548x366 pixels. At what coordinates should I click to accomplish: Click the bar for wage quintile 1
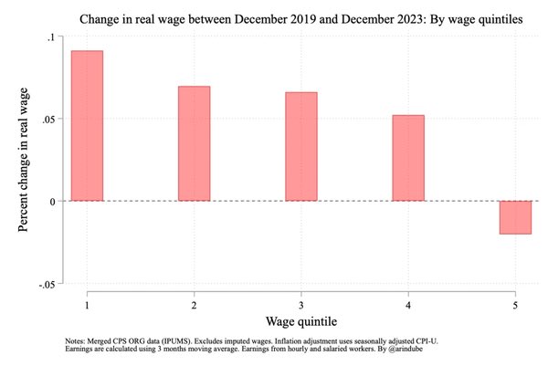87,126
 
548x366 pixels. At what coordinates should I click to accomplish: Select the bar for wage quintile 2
194,143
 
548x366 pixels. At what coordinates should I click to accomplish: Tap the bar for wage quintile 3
300,146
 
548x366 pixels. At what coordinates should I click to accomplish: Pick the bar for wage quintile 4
407,158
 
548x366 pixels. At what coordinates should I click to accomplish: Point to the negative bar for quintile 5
515,217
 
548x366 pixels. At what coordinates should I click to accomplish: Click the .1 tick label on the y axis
50,37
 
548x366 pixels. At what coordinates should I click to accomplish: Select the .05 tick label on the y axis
47,119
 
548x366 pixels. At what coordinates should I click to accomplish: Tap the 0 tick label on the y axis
53,201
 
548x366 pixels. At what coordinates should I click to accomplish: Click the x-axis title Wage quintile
300,320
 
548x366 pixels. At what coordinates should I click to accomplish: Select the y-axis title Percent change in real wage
24,160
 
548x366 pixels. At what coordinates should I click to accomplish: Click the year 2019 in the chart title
279,17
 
